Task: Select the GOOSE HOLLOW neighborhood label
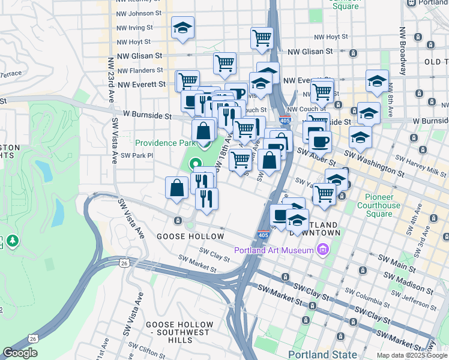point(190,236)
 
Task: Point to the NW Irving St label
point(135,28)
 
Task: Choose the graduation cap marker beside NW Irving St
point(182,28)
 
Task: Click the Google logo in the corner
point(20,353)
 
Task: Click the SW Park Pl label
point(137,155)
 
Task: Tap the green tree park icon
point(12,241)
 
